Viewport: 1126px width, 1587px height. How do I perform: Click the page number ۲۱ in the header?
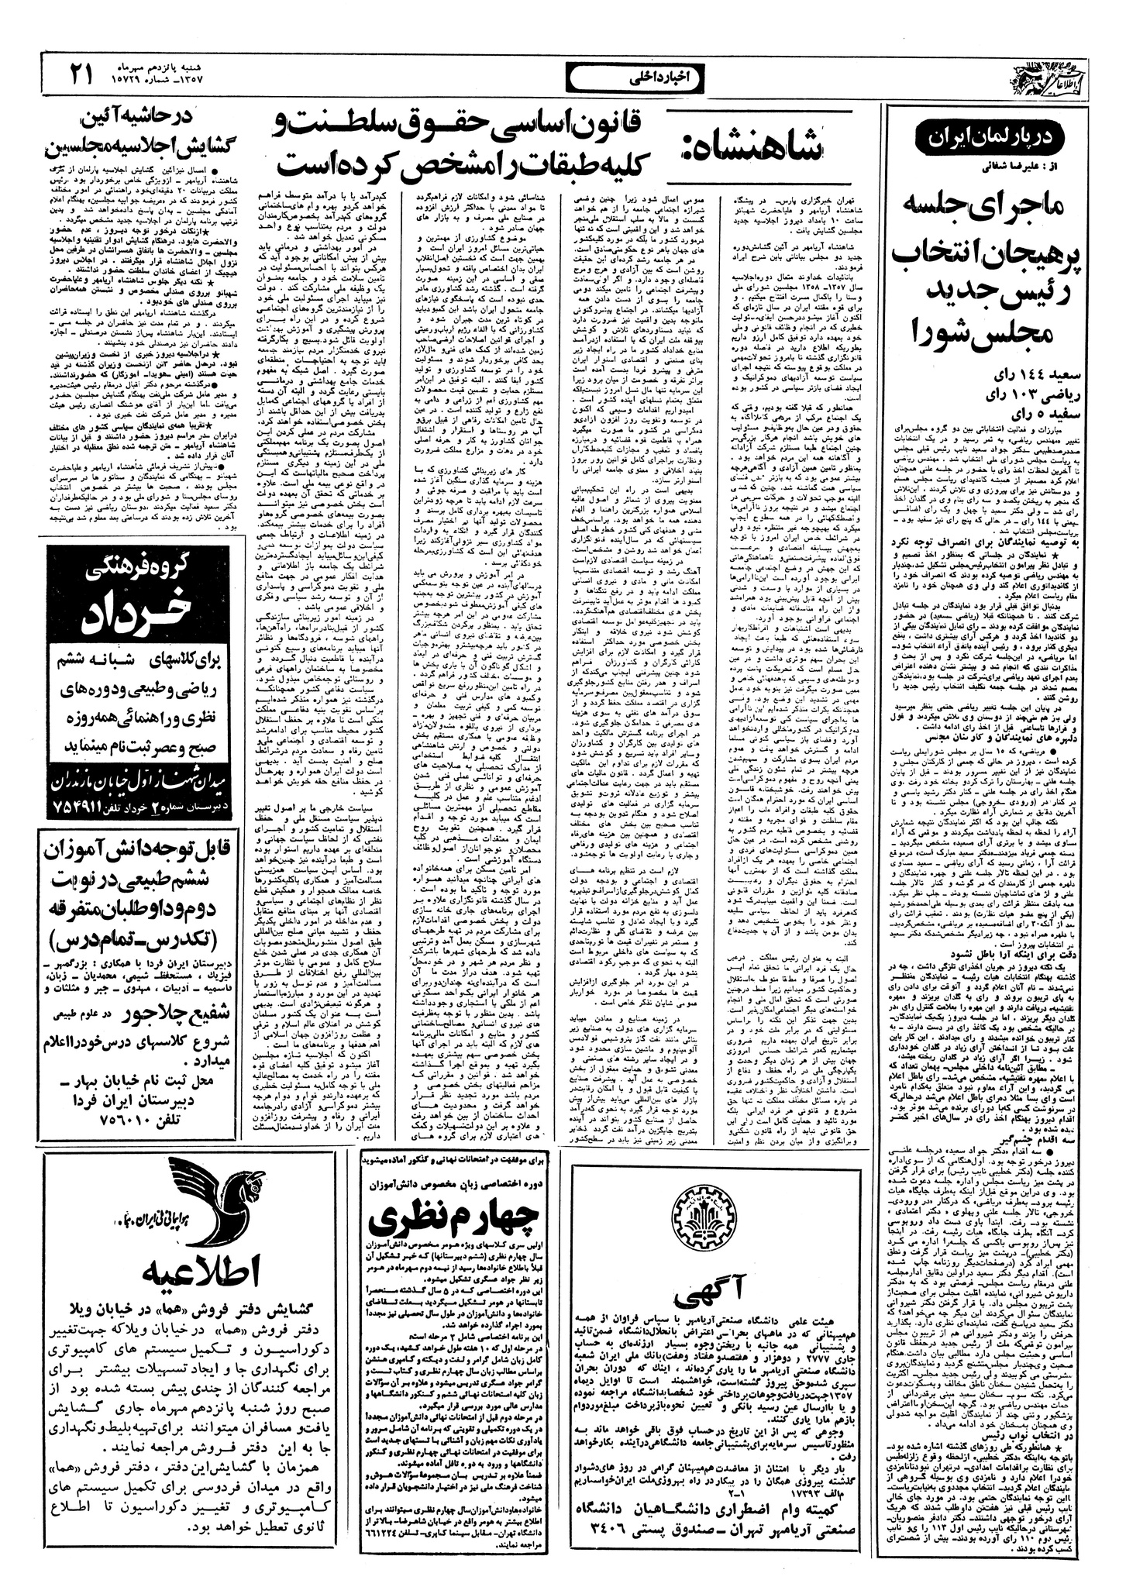coord(81,74)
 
